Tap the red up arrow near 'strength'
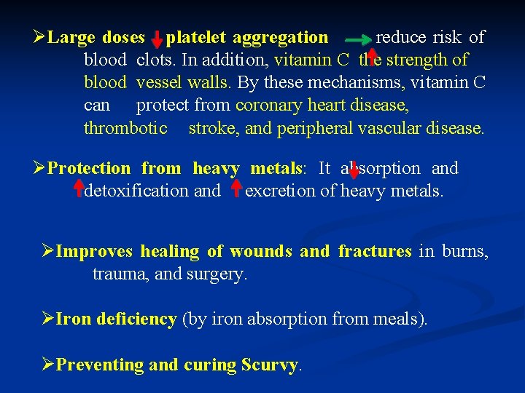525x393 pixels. point(371,58)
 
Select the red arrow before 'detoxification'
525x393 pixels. point(77,189)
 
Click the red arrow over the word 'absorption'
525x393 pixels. point(354,168)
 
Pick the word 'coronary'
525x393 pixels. point(269,106)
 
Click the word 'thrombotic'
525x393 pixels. point(125,128)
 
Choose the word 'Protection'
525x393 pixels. point(88,169)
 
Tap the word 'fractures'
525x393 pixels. point(375,252)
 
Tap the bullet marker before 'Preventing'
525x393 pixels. point(48,364)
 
